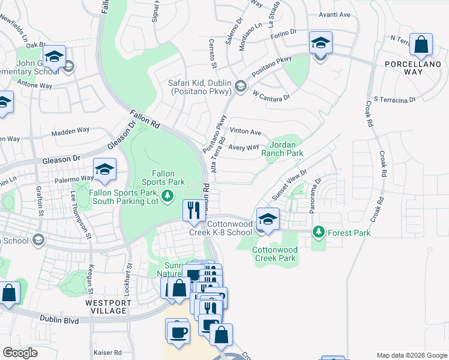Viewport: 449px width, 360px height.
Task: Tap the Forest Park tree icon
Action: [x=318, y=232]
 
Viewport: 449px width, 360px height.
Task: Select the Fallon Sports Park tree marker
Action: [x=167, y=195]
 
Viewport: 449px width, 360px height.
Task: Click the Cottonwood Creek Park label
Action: [x=274, y=254]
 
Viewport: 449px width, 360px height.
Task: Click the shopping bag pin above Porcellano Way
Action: [x=421, y=45]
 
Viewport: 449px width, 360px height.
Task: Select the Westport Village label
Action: [x=108, y=303]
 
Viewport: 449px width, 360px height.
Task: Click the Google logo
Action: [x=20, y=353]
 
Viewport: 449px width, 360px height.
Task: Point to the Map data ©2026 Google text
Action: [x=411, y=355]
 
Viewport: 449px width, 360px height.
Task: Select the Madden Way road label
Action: [x=70, y=133]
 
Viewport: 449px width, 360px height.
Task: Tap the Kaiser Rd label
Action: [x=108, y=353]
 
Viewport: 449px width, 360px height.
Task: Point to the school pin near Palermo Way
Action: [x=104, y=170]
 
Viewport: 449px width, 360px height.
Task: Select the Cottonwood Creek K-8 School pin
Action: [x=268, y=220]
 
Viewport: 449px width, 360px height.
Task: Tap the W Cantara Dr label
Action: [x=271, y=96]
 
